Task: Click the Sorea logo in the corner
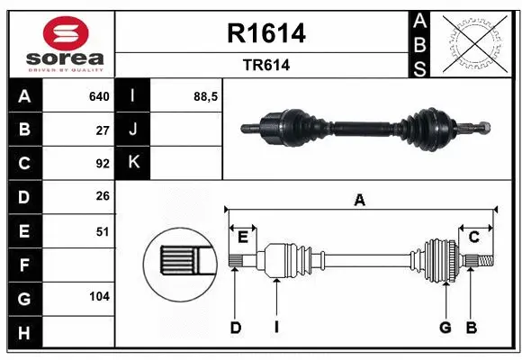pyautogui.click(x=60, y=42)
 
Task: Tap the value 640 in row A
pyautogui.click(x=98, y=96)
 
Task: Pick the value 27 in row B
pyautogui.click(x=102, y=130)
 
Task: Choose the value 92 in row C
pyautogui.click(x=102, y=164)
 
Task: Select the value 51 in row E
pyautogui.click(x=102, y=231)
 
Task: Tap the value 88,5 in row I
pyautogui.click(x=206, y=96)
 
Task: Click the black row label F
pyautogui.click(x=23, y=265)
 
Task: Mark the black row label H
pyautogui.click(x=23, y=333)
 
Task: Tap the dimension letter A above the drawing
pyautogui.click(x=360, y=201)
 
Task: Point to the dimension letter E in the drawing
pyautogui.click(x=243, y=237)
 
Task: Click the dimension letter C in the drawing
pyautogui.click(x=473, y=237)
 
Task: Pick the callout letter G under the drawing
pyautogui.click(x=445, y=328)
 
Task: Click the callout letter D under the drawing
pyautogui.click(x=235, y=328)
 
